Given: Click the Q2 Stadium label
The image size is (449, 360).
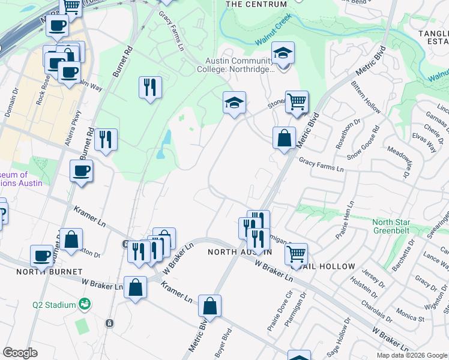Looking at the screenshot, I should (54, 305).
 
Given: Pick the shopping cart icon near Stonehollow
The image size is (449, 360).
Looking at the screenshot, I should (297, 101).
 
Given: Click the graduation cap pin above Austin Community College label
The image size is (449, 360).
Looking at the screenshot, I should (283, 53).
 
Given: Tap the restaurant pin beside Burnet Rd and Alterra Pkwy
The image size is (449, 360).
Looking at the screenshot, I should (106, 140).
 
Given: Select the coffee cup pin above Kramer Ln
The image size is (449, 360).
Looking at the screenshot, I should (81, 171).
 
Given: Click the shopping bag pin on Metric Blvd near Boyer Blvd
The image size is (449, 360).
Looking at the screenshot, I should (210, 307).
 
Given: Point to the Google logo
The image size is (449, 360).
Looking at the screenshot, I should (20, 353).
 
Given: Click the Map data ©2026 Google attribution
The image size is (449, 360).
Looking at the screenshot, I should (411, 355).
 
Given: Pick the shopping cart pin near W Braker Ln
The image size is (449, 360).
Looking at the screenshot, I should (296, 255).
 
